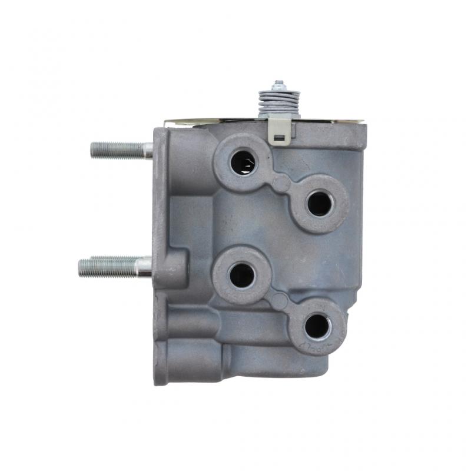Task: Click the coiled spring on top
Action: click(279, 102)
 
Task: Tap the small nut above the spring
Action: click(279, 84)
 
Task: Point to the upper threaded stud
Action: click(118, 150)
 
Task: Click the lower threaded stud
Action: click(109, 267)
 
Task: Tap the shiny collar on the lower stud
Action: click(144, 267)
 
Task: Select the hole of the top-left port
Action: click(243, 162)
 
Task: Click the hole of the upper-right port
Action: click(319, 204)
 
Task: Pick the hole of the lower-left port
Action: click(242, 275)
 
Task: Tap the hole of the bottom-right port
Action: click(317, 326)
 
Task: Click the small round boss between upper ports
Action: click(281, 183)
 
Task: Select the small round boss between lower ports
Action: click(279, 301)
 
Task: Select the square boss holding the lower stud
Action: click(171, 268)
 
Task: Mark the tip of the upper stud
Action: click(92, 150)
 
